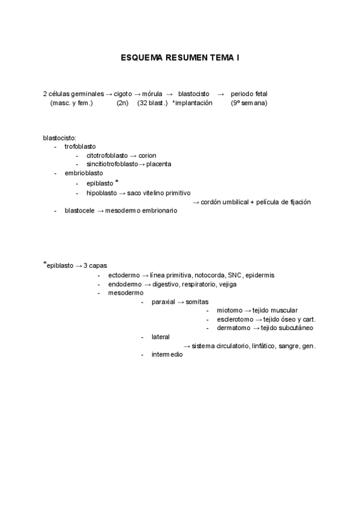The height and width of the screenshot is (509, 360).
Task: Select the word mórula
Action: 152,94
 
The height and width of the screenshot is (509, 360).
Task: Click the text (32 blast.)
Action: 152,103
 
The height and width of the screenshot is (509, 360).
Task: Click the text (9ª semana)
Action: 249,103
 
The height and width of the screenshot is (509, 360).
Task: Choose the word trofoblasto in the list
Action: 80,146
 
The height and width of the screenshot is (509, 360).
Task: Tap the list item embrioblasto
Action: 83,173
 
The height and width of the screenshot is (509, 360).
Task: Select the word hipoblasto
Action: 101,193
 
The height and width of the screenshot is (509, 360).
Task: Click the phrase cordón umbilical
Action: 224,202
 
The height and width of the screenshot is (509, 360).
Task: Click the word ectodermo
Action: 124,275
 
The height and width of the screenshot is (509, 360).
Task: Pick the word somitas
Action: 197,301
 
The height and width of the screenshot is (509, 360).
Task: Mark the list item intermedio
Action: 167,354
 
